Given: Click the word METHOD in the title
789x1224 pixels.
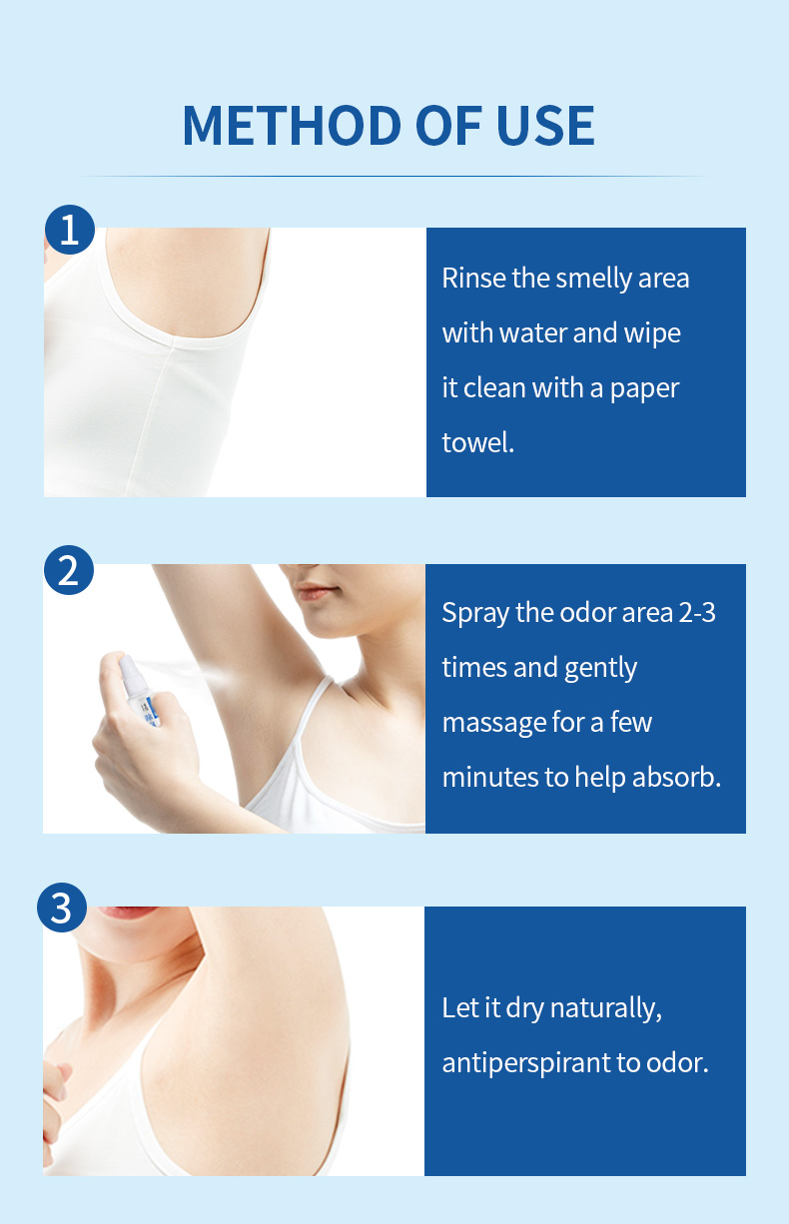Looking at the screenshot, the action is point(292,125).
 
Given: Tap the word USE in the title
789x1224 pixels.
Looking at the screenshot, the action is point(545,125).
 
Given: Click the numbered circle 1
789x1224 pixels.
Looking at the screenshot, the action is point(70,230).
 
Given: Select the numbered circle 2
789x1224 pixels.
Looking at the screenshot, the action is point(69,570).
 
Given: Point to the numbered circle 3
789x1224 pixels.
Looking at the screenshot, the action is point(62,908).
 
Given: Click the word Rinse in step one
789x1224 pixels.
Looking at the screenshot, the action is point(474,278).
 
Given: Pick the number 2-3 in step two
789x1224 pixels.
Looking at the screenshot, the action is point(696,613).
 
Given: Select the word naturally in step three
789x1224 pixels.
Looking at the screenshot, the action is point(606,1008).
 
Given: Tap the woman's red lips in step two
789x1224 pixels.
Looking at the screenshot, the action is point(316,592).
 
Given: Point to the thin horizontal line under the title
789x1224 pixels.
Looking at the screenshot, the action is point(394,176).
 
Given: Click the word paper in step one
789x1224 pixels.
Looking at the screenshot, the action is point(644,389).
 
